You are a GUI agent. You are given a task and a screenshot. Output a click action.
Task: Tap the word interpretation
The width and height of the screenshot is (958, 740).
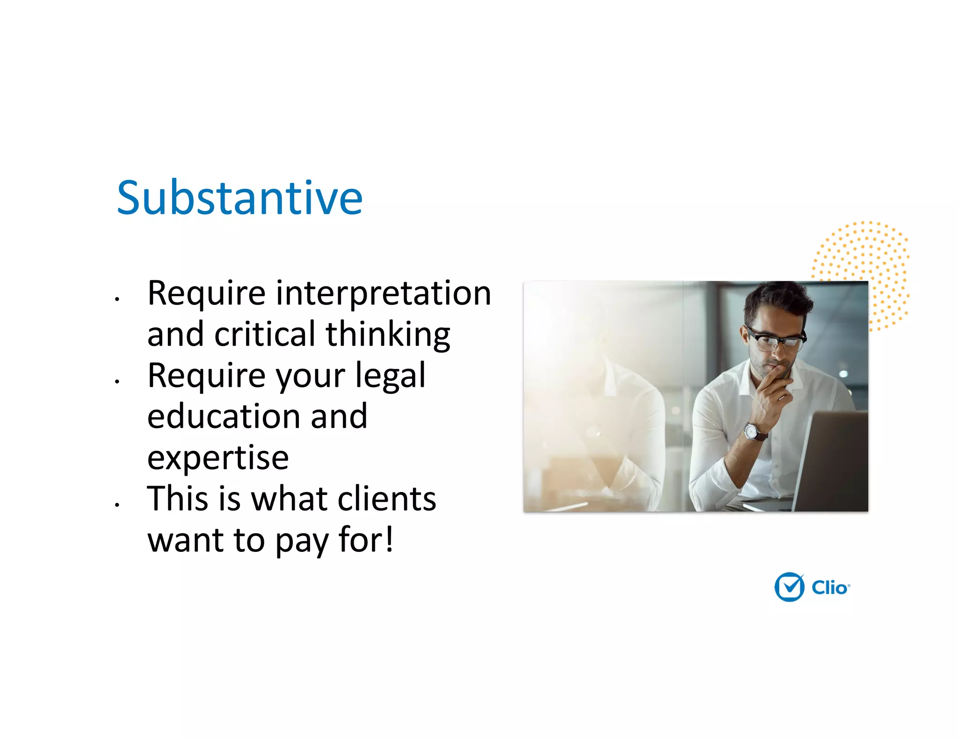coord(384,294)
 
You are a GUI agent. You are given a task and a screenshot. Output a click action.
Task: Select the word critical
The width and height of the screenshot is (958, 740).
coord(265,334)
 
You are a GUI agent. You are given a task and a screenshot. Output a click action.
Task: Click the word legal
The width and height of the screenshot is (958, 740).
coord(390,376)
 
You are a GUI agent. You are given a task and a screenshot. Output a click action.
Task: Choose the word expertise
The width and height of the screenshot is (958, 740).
coord(218,457)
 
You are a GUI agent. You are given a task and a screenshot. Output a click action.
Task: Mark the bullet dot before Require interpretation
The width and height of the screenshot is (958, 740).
coord(117,298)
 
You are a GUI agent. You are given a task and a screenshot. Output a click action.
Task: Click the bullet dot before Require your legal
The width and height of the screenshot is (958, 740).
coord(117,381)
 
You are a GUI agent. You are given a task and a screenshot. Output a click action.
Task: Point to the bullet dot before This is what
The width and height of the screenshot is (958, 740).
coord(117,505)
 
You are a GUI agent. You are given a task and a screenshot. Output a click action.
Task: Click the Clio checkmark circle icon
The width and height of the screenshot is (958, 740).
coord(789,587)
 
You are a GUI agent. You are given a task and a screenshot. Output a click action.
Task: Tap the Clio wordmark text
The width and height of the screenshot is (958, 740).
coord(830,588)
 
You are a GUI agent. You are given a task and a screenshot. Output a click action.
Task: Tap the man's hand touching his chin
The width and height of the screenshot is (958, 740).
coord(774,384)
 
